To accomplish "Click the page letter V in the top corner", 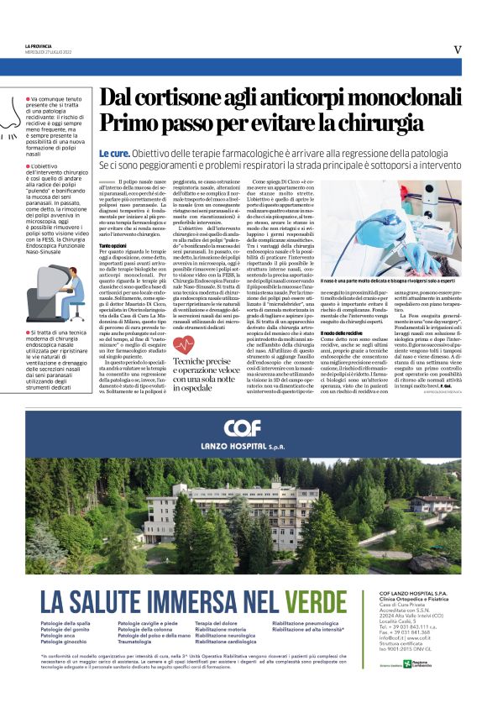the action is [457, 50].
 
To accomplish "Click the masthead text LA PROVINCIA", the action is [39, 45].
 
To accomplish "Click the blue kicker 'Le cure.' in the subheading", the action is [114, 155].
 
